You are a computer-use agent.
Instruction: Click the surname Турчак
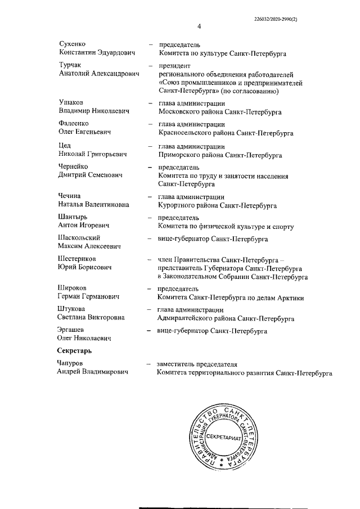[x=70, y=66]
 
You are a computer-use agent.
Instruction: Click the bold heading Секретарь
[x=75, y=350]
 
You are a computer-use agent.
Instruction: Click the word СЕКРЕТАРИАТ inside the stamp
[x=223, y=437]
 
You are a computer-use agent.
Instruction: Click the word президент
[x=175, y=66]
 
